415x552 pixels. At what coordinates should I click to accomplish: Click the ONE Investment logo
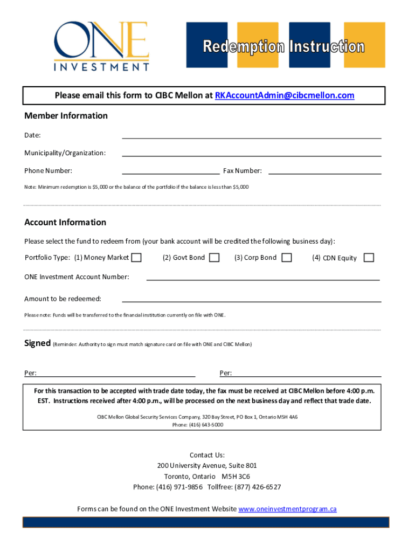click(101, 46)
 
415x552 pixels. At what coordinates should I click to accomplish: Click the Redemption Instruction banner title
click(283, 47)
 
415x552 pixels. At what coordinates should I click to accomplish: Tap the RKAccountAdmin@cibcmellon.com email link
click(285, 95)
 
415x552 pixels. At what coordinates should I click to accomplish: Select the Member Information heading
click(66, 116)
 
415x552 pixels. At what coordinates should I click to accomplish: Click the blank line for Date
click(252, 136)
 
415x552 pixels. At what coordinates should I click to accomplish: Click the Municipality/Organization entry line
click(252, 155)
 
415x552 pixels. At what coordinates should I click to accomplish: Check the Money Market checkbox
click(137, 258)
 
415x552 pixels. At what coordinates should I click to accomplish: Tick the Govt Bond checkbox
click(214, 258)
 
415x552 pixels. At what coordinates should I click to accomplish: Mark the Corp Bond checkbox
click(287, 258)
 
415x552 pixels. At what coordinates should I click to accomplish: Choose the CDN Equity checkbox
click(369, 258)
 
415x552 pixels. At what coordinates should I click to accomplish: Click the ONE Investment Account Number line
click(263, 279)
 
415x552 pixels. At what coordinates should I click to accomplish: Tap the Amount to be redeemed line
click(252, 300)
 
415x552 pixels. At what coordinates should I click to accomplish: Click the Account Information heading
click(65, 223)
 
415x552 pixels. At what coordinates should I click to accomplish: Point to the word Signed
click(37, 343)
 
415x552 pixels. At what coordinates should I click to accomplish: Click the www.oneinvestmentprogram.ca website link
click(287, 509)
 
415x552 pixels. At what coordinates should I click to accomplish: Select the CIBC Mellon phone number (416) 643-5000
click(205, 425)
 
